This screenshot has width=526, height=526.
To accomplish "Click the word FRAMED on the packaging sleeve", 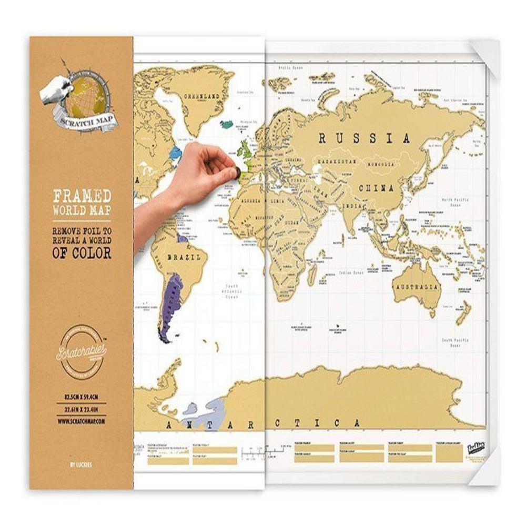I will (x=82, y=197).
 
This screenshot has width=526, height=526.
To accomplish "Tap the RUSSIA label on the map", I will (x=364, y=138).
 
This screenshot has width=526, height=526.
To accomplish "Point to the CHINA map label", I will (x=376, y=188).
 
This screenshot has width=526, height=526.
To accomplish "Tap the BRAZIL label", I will (x=184, y=258).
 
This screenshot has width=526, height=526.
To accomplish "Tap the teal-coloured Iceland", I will (x=227, y=125).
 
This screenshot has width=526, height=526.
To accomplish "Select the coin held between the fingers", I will (x=237, y=171).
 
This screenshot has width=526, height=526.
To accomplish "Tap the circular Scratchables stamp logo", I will (x=82, y=350).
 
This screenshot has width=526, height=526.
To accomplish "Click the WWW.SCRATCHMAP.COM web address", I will (x=82, y=421).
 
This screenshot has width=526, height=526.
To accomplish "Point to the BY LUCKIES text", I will (x=82, y=464).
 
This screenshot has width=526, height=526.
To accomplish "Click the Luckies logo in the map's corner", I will (x=477, y=450).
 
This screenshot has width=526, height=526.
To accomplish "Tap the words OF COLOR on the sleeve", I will (x=82, y=252).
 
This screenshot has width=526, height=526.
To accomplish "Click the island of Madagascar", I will (x=312, y=274).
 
